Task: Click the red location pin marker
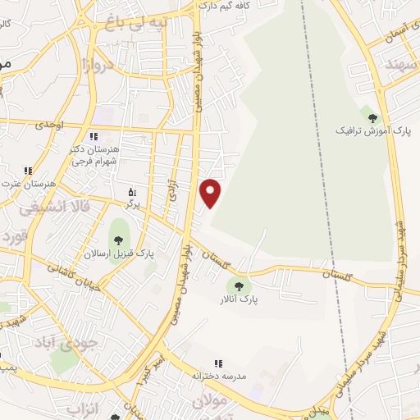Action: coord(212,193)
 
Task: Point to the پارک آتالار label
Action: coord(239,300)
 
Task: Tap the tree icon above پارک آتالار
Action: coord(239,286)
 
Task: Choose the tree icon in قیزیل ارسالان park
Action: coord(119,240)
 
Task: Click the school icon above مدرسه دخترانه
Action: coord(217,363)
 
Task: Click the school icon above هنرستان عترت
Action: coord(28,171)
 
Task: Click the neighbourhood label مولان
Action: coord(209,400)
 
